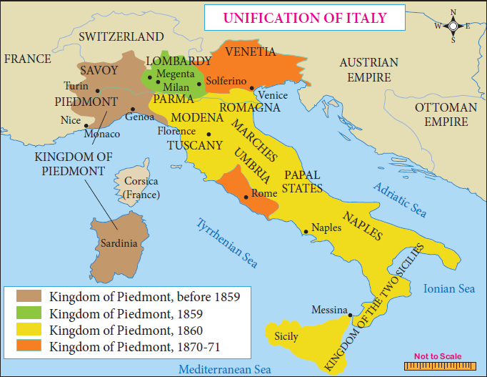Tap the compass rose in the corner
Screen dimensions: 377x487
[451, 26]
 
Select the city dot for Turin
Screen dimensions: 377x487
[97, 90]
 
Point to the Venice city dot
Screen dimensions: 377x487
[251, 89]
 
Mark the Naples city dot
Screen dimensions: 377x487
[306, 231]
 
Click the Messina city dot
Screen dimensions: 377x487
[350, 314]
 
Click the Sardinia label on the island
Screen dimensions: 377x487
[119, 243]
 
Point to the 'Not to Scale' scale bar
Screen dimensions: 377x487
[438, 364]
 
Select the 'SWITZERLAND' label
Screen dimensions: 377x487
[121, 36]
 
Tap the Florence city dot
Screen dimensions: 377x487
[209, 134]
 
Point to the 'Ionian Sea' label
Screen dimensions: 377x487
[448, 289]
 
